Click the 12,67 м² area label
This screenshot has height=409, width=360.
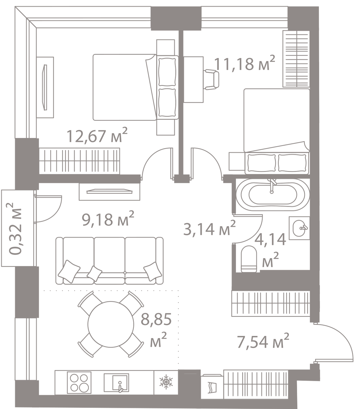[97, 136]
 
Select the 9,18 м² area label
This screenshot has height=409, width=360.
[108, 220]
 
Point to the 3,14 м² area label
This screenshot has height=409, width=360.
[209, 229]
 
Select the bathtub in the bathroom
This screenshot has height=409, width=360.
[271, 194]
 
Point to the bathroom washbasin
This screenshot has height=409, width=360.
[300, 229]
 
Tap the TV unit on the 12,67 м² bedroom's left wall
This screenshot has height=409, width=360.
[45, 87]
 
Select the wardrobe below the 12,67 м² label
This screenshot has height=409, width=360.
[80, 161]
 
